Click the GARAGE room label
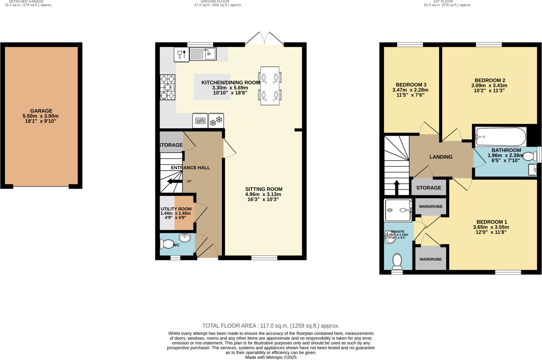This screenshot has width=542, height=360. [x=41, y=111]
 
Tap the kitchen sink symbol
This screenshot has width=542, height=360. [x=203, y=54]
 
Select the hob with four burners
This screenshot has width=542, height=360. [x=167, y=87]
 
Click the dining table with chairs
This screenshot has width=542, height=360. [x=270, y=86]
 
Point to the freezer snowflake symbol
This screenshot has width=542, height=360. [x=216, y=121]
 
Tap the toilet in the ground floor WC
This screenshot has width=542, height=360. [x=167, y=244]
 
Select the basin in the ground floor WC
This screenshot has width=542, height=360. [x=185, y=238]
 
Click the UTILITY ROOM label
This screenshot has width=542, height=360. [x=176, y=209]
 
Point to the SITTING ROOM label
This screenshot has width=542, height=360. [x=263, y=189]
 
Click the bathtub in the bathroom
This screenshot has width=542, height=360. [x=501, y=137]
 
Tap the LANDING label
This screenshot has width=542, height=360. [x=441, y=157]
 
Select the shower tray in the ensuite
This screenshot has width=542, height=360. [x=398, y=210]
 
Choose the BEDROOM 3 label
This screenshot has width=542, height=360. [x=411, y=85]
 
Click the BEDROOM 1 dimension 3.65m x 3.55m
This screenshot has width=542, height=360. [x=491, y=227]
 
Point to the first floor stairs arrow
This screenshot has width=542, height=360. [x=397, y=187]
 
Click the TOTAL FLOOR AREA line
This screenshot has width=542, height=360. [x=271, y=326]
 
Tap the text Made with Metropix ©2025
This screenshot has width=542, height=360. [x=271, y=357]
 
